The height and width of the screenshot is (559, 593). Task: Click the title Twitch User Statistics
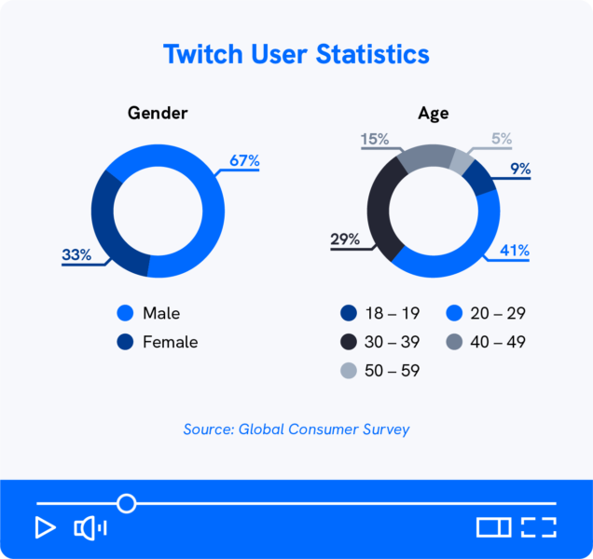(296, 54)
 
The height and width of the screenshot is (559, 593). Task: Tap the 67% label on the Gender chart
(244, 161)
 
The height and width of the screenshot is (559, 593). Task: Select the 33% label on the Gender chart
(76, 255)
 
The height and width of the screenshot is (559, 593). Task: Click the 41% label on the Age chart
(515, 251)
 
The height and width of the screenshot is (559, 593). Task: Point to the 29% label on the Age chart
(345, 240)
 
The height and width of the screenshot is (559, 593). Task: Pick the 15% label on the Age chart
(375, 140)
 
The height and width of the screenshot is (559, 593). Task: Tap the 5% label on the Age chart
(502, 140)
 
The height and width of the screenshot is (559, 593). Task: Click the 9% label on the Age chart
(520, 169)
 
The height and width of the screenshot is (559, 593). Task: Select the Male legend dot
(125, 313)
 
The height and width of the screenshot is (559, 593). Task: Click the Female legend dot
(125, 342)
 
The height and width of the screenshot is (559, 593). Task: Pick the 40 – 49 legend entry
(486, 342)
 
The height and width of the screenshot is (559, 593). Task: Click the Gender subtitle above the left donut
(158, 114)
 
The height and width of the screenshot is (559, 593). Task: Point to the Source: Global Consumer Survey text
(296, 429)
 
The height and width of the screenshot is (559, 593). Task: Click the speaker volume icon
(90, 528)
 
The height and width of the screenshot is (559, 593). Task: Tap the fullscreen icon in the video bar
(538, 527)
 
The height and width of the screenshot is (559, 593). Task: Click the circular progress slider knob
(126, 503)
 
